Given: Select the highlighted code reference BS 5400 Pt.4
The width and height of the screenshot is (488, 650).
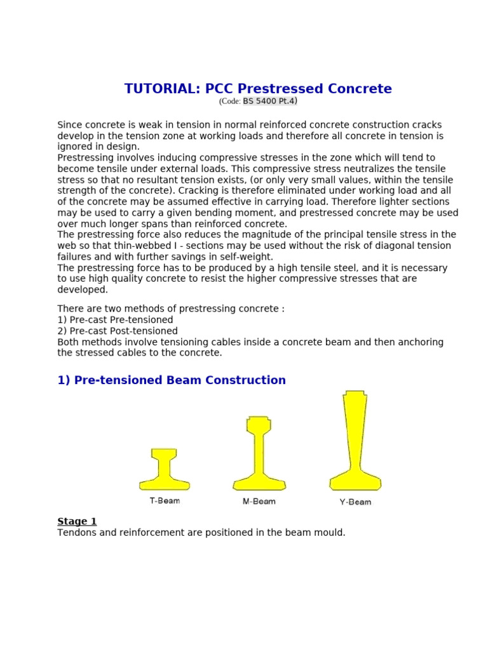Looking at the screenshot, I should click(x=269, y=101).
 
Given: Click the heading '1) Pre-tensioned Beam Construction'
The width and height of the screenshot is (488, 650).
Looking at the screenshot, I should click(x=172, y=380).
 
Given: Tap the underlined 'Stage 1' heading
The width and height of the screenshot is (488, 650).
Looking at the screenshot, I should click(x=77, y=521).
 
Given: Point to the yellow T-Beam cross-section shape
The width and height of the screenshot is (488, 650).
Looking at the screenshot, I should click(x=164, y=470).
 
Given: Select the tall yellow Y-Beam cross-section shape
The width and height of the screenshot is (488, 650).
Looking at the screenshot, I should click(x=355, y=444).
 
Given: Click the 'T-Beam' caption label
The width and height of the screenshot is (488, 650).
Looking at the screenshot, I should click(x=165, y=501).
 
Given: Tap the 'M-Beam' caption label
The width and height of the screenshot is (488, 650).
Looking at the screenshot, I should click(x=259, y=501).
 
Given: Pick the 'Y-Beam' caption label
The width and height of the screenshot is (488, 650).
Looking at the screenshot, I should click(x=355, y=502).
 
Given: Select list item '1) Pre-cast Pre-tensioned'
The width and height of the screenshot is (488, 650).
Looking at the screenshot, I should click(x=115, y=320).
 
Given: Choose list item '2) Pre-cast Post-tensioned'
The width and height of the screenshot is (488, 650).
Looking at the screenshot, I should click(x=118, y=331).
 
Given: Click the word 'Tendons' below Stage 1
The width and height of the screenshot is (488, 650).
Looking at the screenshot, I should click(x=76, y=533).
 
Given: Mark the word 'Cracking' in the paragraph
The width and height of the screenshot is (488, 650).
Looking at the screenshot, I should click(x=198, y=190).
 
